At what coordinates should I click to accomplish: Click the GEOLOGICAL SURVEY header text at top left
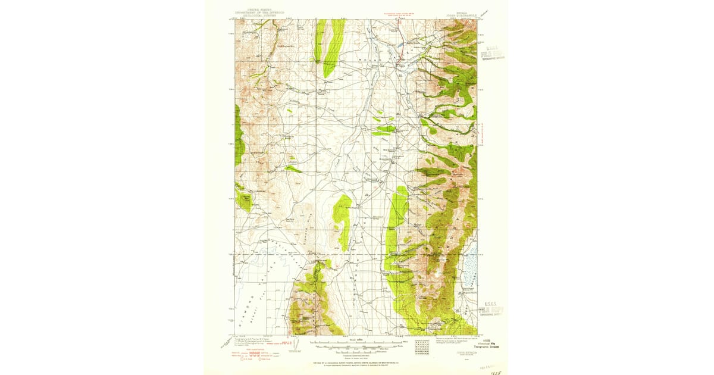click(x=262, y=12)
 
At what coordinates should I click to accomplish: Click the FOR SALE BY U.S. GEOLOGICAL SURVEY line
click(x=356, y=362)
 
